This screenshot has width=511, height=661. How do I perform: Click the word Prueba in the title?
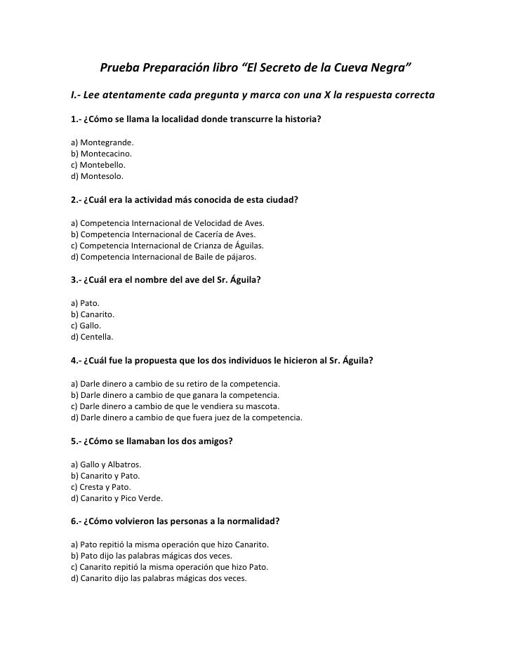click(120, 68)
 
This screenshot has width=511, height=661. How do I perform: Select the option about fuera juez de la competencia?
click(187, 418)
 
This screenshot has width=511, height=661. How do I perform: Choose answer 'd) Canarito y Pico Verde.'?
click(117, 499)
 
